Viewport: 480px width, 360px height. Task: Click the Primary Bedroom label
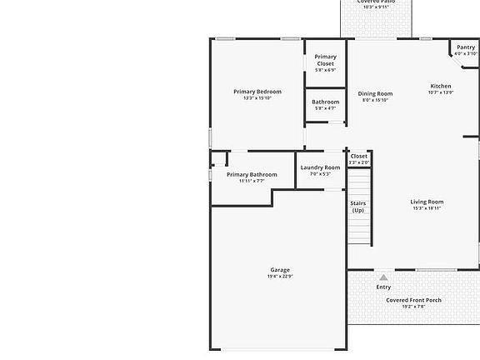[257, 92]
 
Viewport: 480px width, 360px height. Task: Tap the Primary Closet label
[325, 60]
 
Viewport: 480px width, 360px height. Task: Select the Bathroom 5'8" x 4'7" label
[325, 102]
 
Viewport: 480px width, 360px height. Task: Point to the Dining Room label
[375, 93]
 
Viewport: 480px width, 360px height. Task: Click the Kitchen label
[440, 86]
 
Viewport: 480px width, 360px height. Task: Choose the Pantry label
[465, 47]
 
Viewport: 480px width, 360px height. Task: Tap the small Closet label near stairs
[358, 156]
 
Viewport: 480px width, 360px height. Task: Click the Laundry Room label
[320, 167]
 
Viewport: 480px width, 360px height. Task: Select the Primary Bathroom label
[252, 174]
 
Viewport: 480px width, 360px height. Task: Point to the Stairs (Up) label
[357, 207]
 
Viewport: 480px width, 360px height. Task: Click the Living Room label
[427, 202]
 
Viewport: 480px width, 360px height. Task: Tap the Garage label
[280, 270]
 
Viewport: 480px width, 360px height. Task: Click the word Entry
[383, 287]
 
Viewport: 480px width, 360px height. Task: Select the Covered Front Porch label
[413, 300]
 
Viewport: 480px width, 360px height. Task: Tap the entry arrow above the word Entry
[383, 277]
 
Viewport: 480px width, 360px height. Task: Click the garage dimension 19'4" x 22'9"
[280, 277]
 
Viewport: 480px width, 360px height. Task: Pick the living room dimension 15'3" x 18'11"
[427, 208]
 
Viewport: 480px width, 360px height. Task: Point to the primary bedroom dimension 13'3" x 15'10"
[257, 98]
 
